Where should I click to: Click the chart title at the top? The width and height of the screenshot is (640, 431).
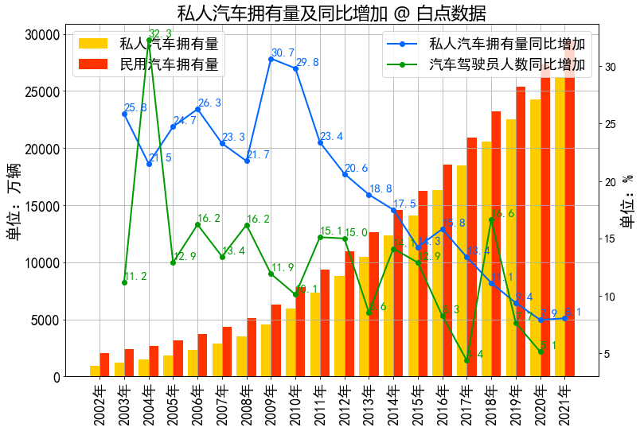click(x=330, y=13)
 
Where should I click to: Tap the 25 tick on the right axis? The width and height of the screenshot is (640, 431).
click(x=607, y=125)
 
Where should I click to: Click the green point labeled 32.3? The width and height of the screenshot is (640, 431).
click(x=149, y=41)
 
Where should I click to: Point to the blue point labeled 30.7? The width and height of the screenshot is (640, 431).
click(x=271, y=59)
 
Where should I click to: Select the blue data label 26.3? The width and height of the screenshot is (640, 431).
click(x=209, y=103)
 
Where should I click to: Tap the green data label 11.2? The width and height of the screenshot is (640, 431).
click(x=135, y=276)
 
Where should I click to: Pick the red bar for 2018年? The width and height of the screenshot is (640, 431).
click(x=496, y=244)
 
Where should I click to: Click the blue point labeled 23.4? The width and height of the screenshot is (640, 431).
click(x=320, y=142)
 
